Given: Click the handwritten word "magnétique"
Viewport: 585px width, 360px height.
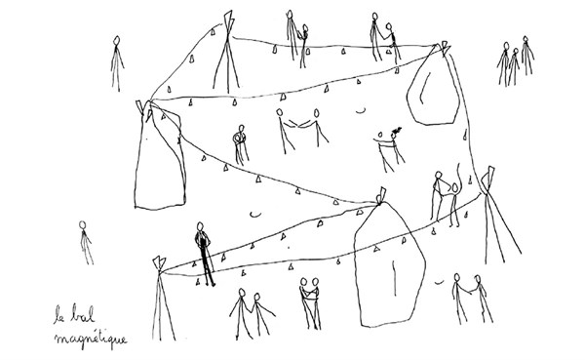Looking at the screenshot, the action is [91, 340].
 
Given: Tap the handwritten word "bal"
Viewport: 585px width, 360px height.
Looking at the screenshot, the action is [83, 314].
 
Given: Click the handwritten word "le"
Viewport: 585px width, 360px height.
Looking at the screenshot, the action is [58, 314].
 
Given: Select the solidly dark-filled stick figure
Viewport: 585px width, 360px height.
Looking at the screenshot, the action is [204, 254].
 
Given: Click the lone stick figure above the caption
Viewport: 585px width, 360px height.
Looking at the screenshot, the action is [86, 243].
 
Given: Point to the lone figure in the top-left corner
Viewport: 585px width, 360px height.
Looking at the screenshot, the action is [117, 63].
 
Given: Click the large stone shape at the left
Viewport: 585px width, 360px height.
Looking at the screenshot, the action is [160, 157].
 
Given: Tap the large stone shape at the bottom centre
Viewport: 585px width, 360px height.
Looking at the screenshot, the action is [389, 264].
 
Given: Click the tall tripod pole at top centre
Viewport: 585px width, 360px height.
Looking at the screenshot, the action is [227, 53].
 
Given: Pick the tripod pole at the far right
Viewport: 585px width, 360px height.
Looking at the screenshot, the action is [498, 216].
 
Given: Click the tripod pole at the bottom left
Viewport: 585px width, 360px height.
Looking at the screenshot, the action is [162, 299].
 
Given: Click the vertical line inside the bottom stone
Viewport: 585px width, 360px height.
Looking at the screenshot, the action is [395, 278].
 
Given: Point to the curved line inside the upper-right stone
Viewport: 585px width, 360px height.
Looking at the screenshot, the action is [424, 88].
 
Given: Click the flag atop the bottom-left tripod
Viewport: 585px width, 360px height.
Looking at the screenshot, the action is [159, 263].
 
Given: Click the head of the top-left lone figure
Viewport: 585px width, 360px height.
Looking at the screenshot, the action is [117, 40].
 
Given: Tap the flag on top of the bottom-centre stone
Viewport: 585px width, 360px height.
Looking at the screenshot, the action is [380, 195].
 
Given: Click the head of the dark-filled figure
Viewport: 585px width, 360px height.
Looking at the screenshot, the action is [200, 226].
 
